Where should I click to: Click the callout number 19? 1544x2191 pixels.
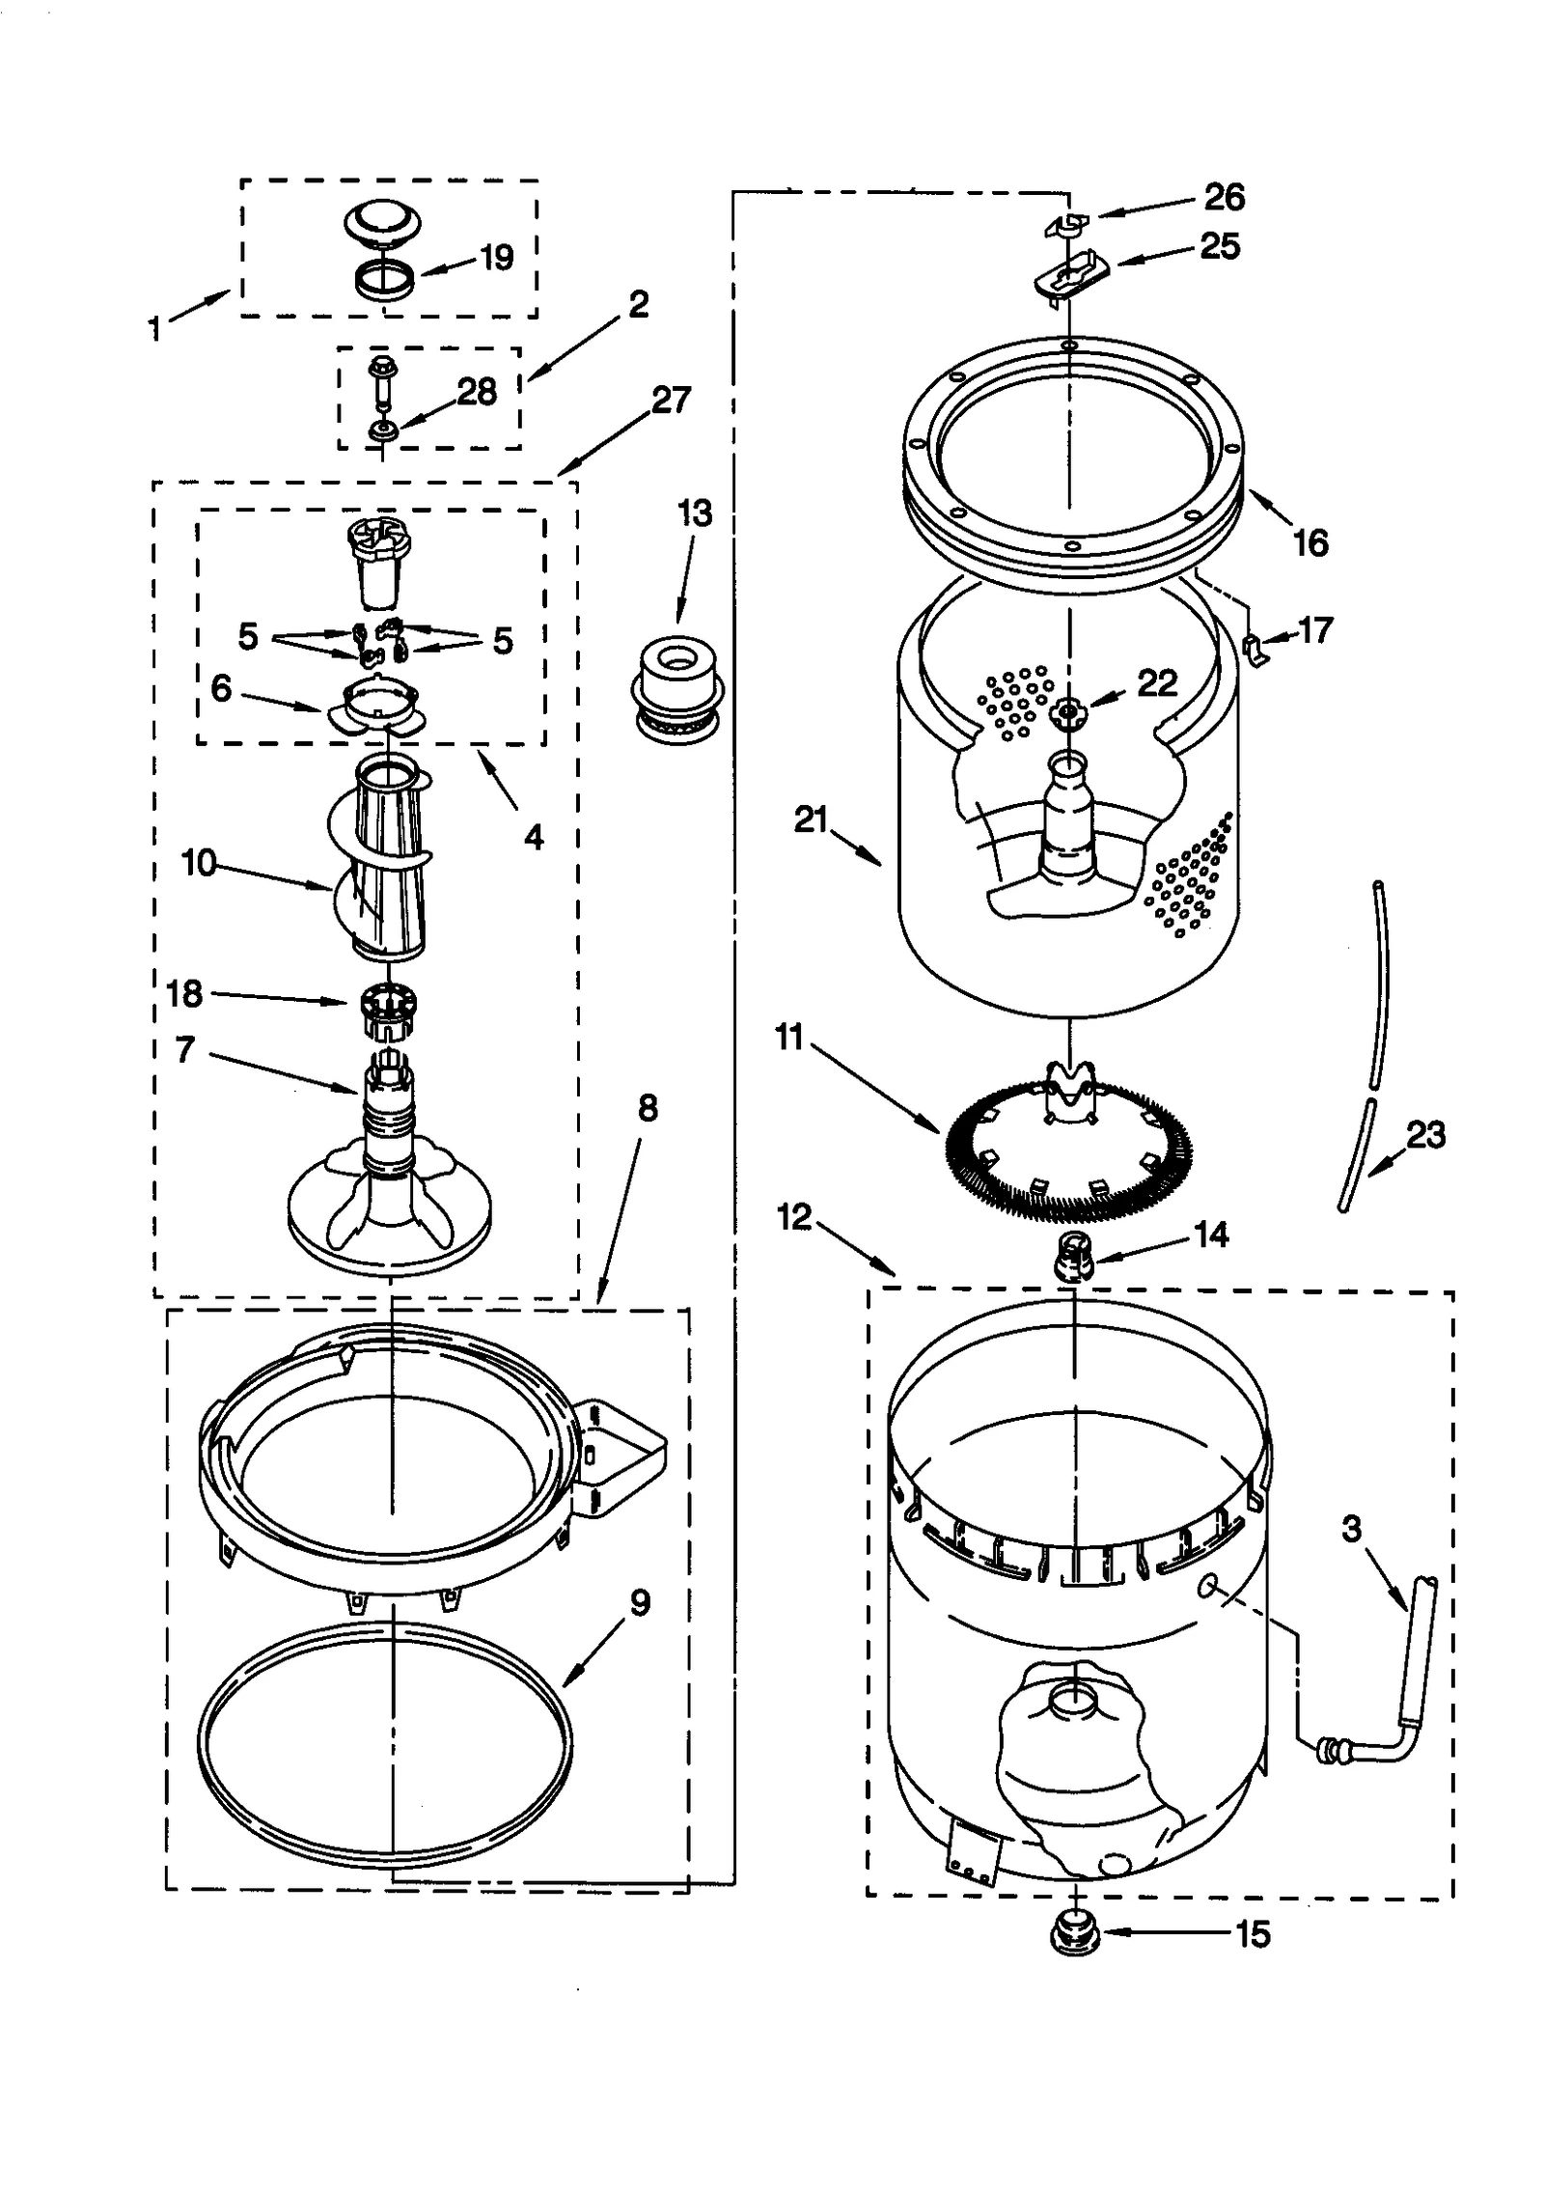[x=496, y=258]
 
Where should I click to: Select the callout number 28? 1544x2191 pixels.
[x=477, y=392]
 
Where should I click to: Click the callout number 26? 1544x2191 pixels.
[x=1224, y=197]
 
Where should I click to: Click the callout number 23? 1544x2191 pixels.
[x=1425, y=1134]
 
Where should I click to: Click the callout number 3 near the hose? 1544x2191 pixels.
[x=1351, y=1528]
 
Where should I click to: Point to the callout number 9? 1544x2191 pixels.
[x=640, y=1603]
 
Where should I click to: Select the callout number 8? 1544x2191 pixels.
[x=648, y=1109]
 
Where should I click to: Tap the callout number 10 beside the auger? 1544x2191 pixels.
[x=199, y=862]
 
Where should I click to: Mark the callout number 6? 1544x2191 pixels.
[x=221, y=688]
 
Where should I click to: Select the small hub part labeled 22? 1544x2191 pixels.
[x=1068, y=711]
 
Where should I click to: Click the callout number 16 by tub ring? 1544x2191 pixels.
[x=1310, y=542]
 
